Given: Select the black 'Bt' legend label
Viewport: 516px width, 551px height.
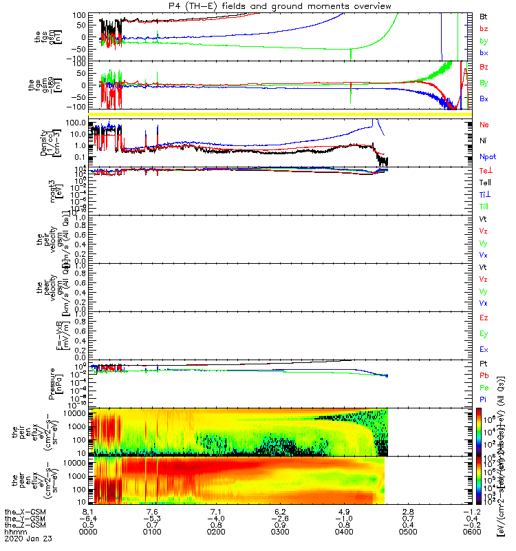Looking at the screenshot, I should point(484,15).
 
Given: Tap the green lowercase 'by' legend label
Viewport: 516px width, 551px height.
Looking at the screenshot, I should point(484,41).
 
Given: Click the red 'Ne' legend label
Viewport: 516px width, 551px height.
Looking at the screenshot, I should point(484,125).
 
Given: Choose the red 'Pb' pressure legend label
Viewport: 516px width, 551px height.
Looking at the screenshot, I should point(484,375).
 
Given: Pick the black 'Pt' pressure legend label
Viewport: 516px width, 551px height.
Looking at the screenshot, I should point(484,363).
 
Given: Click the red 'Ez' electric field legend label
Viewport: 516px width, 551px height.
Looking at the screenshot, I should point(484,318).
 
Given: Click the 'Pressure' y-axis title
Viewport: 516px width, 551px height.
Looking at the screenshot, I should point(52,382).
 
